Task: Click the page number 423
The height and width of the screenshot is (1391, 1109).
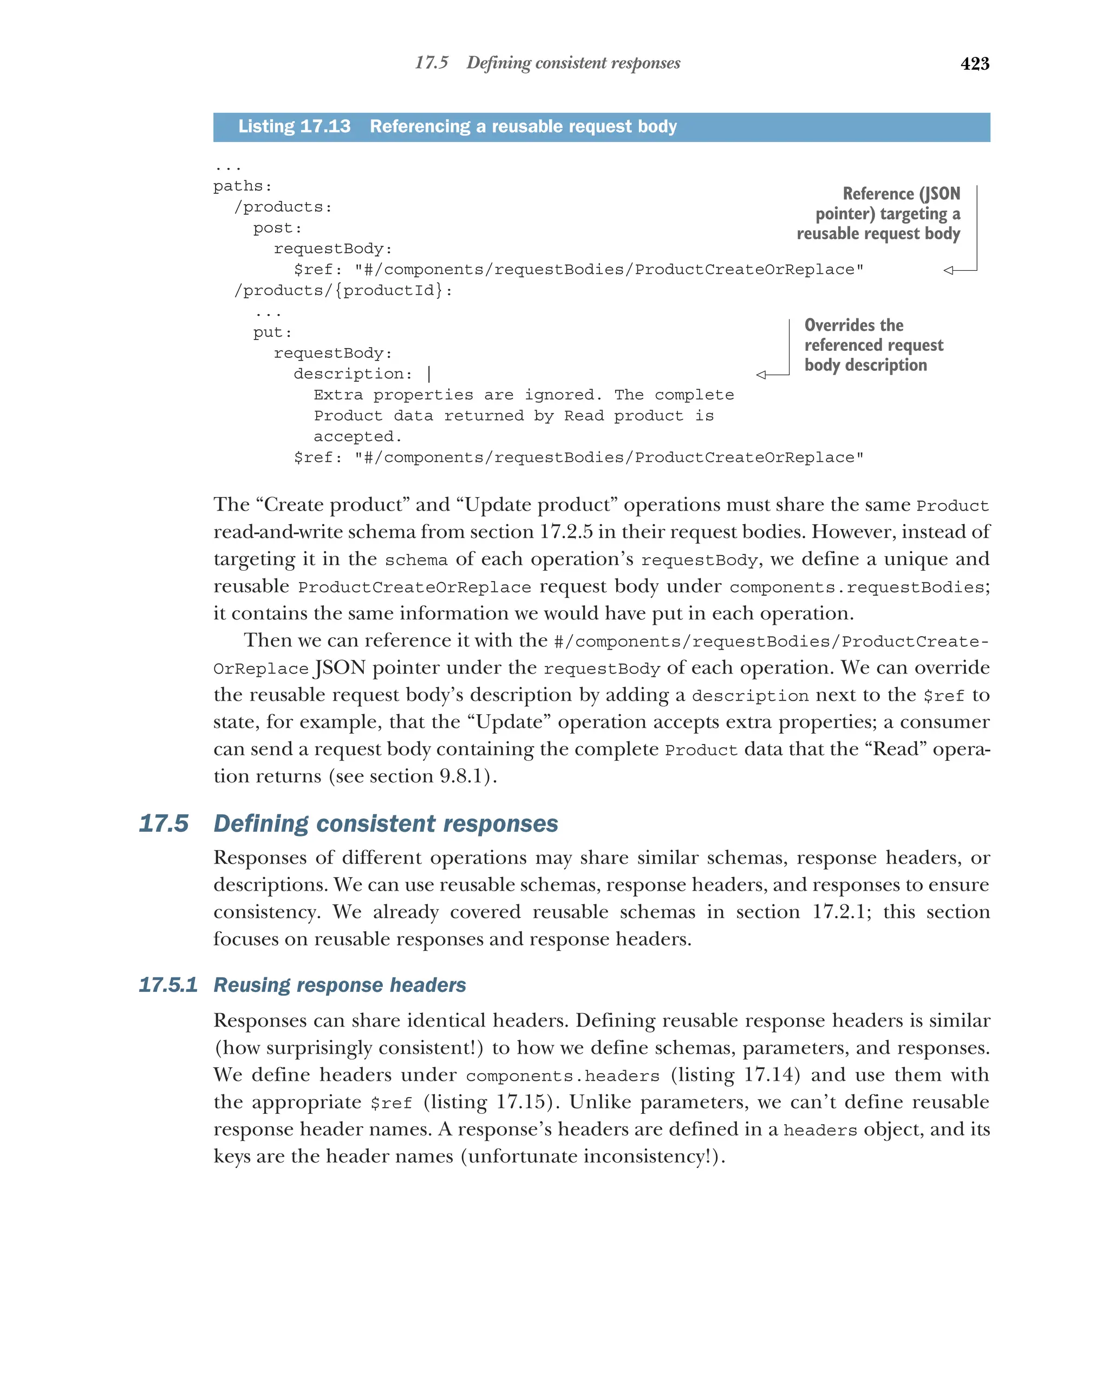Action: point(974,64)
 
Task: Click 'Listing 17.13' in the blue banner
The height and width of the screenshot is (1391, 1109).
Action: point(294,127)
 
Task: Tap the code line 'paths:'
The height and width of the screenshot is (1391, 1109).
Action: point(243,186)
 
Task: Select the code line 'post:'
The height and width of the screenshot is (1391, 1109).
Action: point(277,228)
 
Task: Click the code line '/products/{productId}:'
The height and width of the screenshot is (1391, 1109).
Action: point(343,291)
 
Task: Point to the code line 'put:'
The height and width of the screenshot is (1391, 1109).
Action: point(272,333)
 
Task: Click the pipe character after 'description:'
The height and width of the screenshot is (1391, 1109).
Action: point(429,374)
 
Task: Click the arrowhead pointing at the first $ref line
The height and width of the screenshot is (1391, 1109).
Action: point(948,270)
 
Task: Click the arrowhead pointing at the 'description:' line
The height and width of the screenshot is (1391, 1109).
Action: point(761,375)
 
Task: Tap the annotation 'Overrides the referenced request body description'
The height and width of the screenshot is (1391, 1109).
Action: point(872,345)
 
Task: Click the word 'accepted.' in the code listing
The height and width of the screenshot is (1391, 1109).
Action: point(357,437)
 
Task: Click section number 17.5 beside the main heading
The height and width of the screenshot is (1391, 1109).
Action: point(164,824)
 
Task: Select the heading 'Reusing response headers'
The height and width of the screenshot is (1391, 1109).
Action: point(340,985)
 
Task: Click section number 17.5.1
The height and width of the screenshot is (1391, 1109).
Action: point(168,985)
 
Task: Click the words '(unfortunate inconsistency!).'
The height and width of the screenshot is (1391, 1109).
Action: point(593,1157)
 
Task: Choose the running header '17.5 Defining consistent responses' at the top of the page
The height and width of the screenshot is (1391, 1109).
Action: point(547,63)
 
